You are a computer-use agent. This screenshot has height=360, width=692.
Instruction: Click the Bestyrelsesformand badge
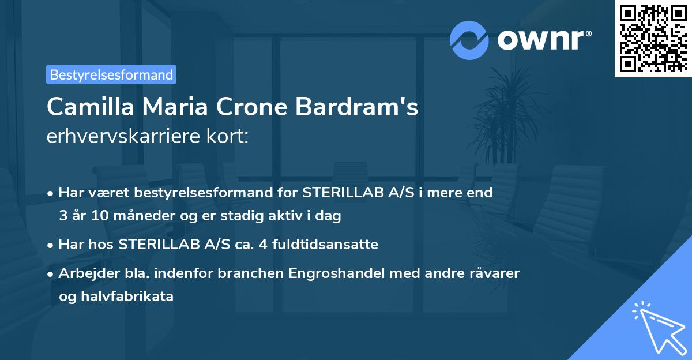(111, 74)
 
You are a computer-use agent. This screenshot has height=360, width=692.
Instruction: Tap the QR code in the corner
(653, 38)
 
